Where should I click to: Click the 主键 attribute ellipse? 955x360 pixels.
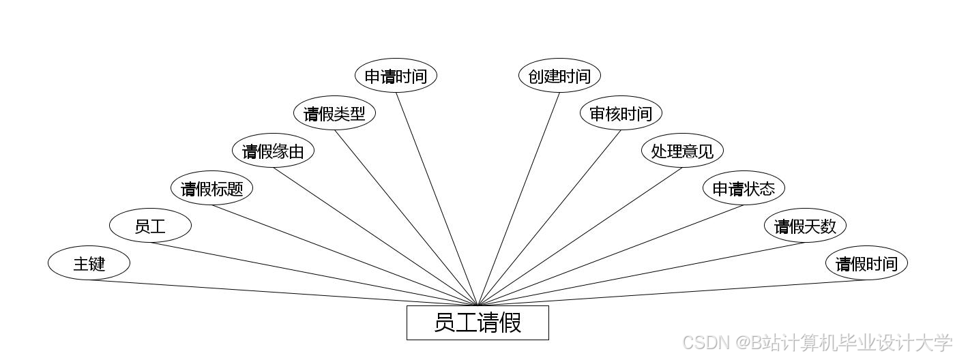[x=89, y=263]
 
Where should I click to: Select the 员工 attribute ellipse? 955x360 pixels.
[x=150, y=226]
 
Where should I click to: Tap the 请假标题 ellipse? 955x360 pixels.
[x=211, y=188]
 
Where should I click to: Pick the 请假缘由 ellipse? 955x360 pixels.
[x=273, y=151]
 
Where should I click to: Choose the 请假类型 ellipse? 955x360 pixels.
[x=334, y=113]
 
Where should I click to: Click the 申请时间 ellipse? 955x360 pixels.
[x=396, y=76]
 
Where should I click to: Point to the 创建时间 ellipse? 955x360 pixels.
[x=559, y=76]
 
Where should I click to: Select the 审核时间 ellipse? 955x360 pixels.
[x=621, y=113]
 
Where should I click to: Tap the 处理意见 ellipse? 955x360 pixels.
[x=682, y=151]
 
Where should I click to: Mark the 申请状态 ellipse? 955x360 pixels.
[x=744, y=188]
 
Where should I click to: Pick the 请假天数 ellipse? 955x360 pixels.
[x=805, y=226]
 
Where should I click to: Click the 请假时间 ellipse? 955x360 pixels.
[x=866, y=263]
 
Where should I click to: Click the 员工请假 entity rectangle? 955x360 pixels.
[x=477, y=322]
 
